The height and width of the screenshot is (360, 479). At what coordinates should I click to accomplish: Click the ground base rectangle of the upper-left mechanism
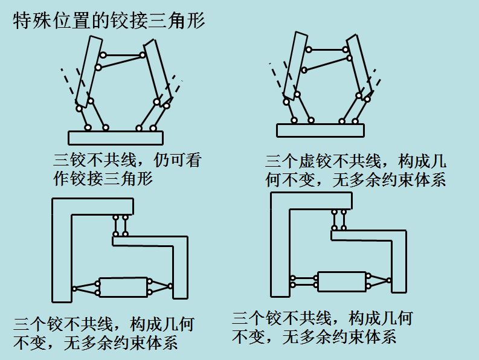click(x=115, y=137)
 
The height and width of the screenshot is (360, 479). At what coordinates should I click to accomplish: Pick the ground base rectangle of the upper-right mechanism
click(x=320, y=130)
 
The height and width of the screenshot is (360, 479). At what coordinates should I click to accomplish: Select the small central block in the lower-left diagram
click(x=123, y=287)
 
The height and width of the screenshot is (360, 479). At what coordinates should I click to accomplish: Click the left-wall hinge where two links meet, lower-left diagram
click(x=74, y=288)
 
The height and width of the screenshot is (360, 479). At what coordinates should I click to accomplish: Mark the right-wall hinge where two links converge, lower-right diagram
click(x=390, y=280)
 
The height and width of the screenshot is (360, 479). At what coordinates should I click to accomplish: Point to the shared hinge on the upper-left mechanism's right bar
click(x=144, y=56)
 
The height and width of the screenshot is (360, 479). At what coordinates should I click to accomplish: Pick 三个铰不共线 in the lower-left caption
click(x=60, y=324)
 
